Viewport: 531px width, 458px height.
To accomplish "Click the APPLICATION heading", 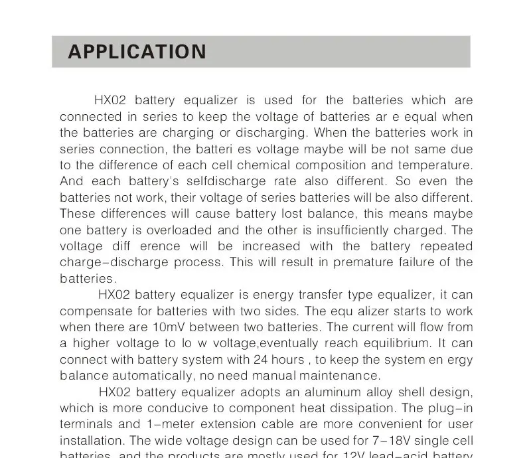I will (x=137, y=52).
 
